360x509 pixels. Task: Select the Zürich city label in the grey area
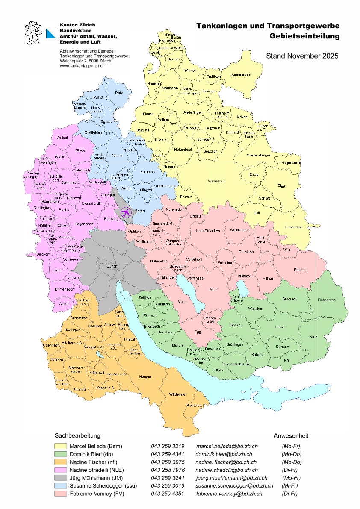[x=112, y=266]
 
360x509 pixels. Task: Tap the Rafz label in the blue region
[x=119, y=92]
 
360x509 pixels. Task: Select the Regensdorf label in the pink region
[x=83, y=224]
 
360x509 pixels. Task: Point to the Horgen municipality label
[x=145, y=377]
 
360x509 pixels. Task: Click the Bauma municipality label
[x=299, y=270]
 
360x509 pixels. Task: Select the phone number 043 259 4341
[x=168, y=454]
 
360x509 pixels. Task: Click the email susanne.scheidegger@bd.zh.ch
[x=234, y=486]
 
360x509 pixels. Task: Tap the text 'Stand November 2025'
[x=302, y=56]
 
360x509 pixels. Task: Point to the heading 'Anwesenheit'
[x=291, y=436]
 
